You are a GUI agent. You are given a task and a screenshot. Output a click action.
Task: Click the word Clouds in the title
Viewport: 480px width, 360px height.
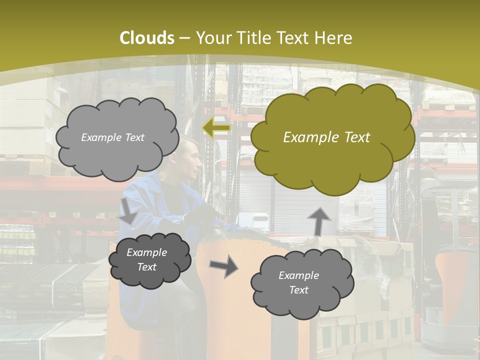[147, 38]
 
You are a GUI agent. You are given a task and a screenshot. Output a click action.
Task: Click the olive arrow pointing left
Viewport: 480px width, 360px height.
[216, 128]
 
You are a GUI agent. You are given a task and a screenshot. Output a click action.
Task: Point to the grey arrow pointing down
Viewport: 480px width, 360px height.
[128, 210]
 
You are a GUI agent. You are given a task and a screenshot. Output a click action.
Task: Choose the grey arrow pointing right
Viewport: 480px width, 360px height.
[223, 265]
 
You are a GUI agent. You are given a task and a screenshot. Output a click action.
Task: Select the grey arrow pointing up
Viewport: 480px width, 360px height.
[318, 220]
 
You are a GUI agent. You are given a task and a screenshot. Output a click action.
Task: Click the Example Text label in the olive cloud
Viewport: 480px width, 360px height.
[326, 137]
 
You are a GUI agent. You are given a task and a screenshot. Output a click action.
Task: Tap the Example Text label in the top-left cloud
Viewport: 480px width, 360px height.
[112, 137]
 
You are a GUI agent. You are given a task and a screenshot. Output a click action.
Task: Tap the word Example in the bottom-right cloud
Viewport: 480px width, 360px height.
[298, 275]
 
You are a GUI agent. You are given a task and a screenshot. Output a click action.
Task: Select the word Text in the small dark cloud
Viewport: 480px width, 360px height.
[147, 267]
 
